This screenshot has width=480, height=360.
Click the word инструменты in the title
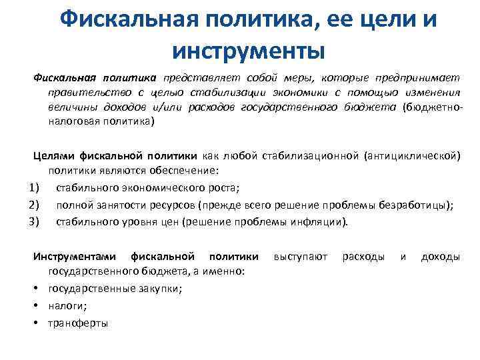tap(247, 49)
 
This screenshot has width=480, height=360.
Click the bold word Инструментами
tap(75, 256)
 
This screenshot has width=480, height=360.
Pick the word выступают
tap(301, 256)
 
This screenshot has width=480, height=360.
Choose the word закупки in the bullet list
tap(159, 289)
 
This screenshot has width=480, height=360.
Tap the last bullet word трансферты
tap(78, 323)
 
